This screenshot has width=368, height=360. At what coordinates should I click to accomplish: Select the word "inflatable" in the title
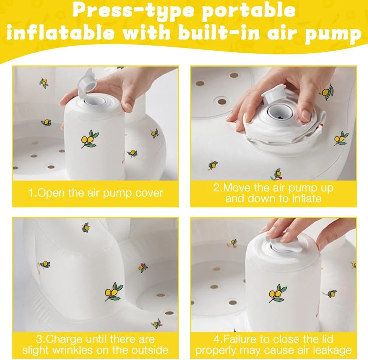point(61,33)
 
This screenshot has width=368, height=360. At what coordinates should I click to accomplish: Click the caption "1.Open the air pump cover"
point(96,193)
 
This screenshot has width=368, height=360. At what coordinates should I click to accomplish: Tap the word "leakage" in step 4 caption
point(333,350)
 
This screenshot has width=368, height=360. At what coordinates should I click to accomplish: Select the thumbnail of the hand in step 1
point(128,107)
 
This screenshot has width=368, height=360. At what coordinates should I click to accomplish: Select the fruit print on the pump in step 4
point(277,293)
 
